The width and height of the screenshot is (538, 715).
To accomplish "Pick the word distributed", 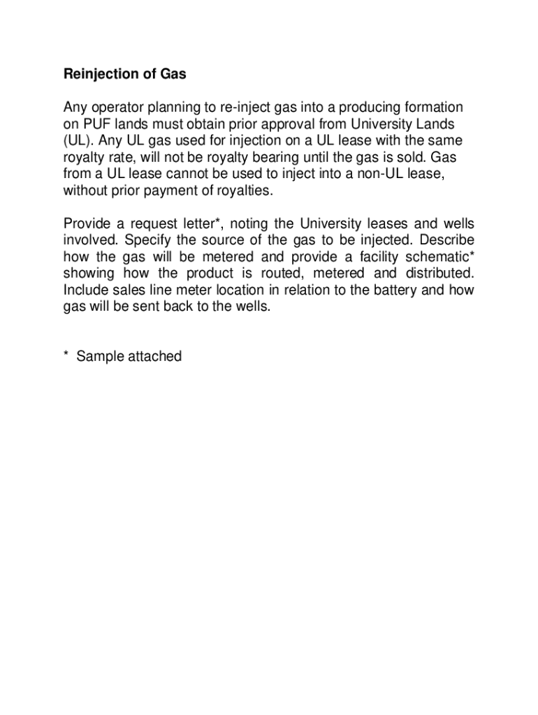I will (437, 274).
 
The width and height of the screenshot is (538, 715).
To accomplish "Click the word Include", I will (86, 290).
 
